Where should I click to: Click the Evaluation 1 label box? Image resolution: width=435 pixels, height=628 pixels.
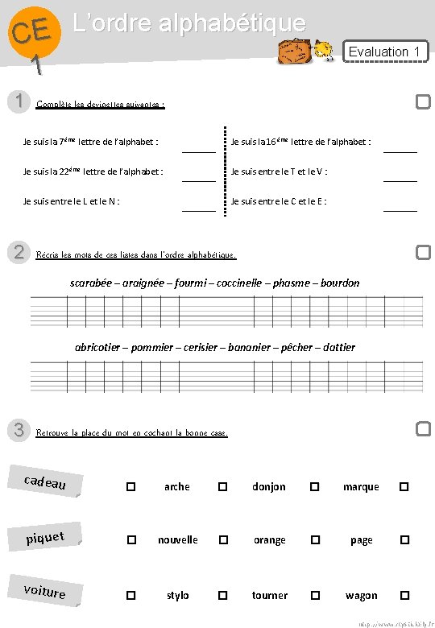[x=385, y=52]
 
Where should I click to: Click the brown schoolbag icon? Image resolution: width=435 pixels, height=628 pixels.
[x=292, y=52]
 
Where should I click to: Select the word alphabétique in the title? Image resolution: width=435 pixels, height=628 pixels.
[x=243, y=23]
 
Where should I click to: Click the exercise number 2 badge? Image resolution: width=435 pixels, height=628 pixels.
[x=18, y=252]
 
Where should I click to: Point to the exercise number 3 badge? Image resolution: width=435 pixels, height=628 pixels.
[x=18, y=430]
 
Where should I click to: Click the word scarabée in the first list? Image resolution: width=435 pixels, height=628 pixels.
[x=93, y=283]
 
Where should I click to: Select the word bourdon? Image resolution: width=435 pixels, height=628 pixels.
[x=338, y=283]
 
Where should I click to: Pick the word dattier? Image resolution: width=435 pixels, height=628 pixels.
[x=338, y=347]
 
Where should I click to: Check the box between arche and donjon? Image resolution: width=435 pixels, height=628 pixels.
[x=223, y=486]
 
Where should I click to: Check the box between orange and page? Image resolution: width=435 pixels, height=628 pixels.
[x=315, y=540]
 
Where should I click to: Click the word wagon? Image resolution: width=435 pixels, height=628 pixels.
[x=361, y=596]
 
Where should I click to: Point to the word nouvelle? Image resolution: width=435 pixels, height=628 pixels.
[x=177, y=540]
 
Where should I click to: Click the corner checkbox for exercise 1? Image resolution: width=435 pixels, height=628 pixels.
[x=423, y=101]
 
